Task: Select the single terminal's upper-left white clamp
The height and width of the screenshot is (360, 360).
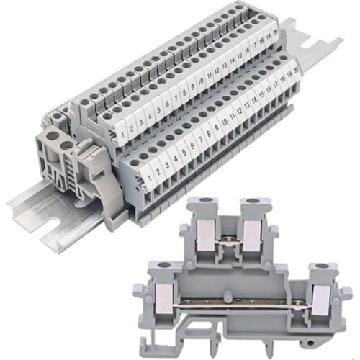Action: click(204, 232)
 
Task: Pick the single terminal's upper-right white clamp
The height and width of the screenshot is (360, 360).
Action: click(251, 232)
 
